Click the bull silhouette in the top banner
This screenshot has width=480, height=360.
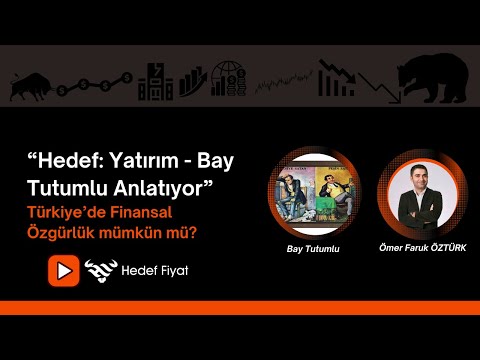click(32, 84)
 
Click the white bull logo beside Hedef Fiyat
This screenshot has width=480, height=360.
click(101, 270)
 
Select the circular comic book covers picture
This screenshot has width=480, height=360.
click(308, 192)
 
